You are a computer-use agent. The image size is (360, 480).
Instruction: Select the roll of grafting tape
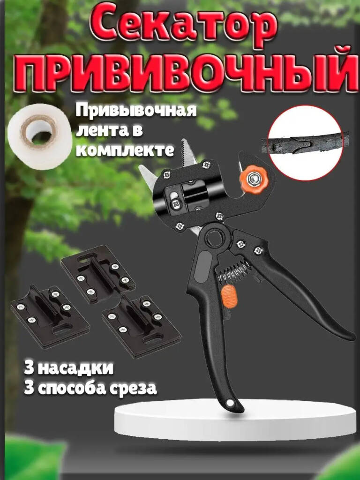point(40,136)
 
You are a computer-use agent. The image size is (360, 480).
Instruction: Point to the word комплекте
point(125,150)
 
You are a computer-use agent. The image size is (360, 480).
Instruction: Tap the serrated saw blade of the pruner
point(188,153)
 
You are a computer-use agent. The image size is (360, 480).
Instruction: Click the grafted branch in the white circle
point(303,143)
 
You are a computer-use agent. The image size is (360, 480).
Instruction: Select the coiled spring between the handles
point(233,272)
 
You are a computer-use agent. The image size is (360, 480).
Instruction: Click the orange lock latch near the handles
point(229,296)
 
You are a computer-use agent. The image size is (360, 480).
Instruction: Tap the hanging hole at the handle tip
point(230,403)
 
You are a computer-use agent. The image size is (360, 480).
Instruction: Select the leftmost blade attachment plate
point(50,316)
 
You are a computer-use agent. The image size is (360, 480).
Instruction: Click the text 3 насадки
point(68,368)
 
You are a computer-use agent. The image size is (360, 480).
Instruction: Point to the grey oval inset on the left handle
point(202,265)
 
